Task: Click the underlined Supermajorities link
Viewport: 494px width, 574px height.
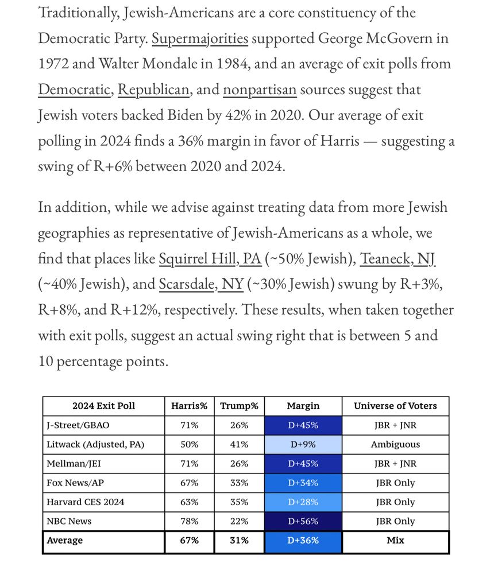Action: pyautogui.click(x=200, y=39)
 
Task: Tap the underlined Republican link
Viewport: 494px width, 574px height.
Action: pyautogui.click(x=153, y=90)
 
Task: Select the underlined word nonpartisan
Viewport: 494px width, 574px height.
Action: pyautogui.click(x=260, y=90)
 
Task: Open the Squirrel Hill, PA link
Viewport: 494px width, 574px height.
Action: pyautogui.click(x=210, y=259)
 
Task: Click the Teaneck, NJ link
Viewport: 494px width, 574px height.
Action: pyautogui.click(x=397, y=259)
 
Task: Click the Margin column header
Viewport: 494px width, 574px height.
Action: pyautogui.click(x=303, y=406)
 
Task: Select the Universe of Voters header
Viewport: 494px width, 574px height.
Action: pyautogui.click(x=395, y=406)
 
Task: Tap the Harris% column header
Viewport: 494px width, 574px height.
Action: pyautogui.click(x=189, y=406)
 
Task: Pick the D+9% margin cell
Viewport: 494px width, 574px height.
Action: pyautogui.click(x=303, y=444)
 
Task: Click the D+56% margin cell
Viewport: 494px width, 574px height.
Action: pyautogui.click(x=303, y=521)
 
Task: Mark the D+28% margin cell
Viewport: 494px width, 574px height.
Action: pyautogui.click(x=303, y=502)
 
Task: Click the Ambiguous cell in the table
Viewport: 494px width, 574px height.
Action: pyautogui.click(x=395, y=444)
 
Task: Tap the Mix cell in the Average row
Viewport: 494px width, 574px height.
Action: pyautogui.click(x=395, y=541)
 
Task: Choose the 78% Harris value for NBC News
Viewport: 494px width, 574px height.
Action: pyautogui.click(x=189, y=521)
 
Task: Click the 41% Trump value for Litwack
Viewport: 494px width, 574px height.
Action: pyautogui.click(x=239, y=444)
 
